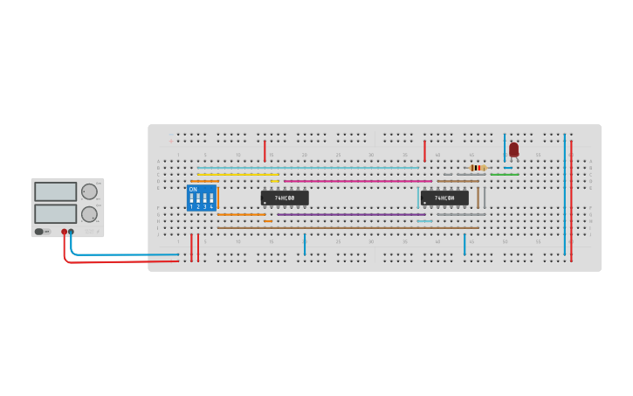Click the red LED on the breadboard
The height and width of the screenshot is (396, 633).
tap(513, 149)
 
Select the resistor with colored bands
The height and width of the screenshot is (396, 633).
tap(477, 167)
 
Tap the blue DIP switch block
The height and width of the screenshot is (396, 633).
tap(201, 198)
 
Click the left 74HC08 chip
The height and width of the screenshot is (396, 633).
tap(285, 198)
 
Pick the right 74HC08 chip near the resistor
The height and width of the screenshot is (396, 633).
tap(444, 198)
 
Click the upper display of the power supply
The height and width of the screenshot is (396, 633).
tap(56, 191)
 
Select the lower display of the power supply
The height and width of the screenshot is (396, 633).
tap(56, 213)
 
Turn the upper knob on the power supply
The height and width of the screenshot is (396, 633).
tap(89, 191)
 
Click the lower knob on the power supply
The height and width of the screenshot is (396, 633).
tap(89, 214)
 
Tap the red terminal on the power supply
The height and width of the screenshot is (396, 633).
tap(64, 233)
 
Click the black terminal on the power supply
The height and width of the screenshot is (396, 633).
tap(72, 233)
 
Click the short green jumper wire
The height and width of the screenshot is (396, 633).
tap(504, 174)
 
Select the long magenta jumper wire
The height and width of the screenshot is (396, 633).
tap(358, 181)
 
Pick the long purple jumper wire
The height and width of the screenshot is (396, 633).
tap(349, 214)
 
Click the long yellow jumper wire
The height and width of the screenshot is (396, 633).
tap(237, 174)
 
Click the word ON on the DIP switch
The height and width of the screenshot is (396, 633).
tap(193, 189)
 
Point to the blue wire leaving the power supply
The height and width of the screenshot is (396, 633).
tap(122, 255)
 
